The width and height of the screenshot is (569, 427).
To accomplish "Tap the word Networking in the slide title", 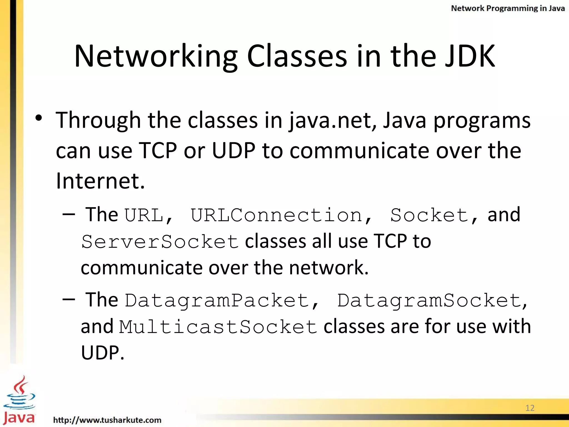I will tap(156, 57).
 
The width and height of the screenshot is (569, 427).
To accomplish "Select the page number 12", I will tap(530, 408).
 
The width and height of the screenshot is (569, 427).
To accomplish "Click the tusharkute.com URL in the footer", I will tap(107, 420).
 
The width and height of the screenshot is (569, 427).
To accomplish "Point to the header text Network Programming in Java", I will tap(508, 8).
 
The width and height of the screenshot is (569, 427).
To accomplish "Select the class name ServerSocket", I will tap(160, 242).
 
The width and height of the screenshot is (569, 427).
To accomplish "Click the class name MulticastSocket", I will tap(218, 327).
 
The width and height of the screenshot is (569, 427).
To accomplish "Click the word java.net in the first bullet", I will tap(332, 121).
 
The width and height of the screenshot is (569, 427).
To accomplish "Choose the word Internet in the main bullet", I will tap(100, 181).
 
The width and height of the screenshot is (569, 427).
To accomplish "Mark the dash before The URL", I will tap(69, 214).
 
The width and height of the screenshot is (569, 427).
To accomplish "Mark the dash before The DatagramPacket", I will tap(69, 299).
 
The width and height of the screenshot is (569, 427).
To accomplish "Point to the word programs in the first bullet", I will tap(482, 121).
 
